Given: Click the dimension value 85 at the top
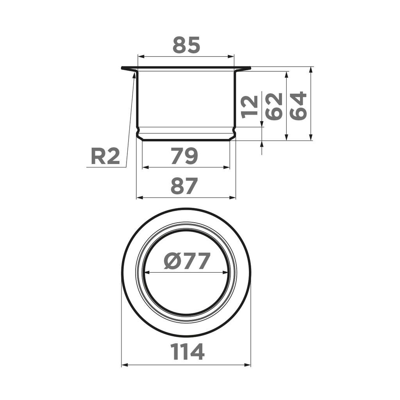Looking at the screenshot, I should [186, 45].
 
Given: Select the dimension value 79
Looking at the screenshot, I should [184, 157].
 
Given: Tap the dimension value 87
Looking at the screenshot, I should [184, 187].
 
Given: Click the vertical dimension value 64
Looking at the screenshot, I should [299, 106].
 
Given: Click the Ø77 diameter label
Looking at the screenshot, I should [187, 261].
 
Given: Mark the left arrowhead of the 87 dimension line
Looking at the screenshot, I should [139, 198].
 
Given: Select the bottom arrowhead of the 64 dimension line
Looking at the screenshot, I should [311, 137].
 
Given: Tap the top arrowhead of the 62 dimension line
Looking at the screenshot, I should [287, 74].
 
